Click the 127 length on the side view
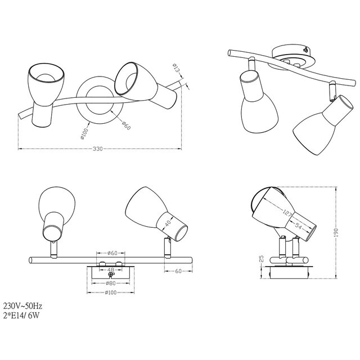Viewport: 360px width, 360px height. click(287, 213)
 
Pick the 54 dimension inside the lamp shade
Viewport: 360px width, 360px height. click(299, 226)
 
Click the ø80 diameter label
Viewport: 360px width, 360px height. click(111, 283)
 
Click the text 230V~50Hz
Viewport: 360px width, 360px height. click(22, 305)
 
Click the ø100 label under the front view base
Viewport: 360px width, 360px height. click(111, 292)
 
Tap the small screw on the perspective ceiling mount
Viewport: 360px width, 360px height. click(305, 49)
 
